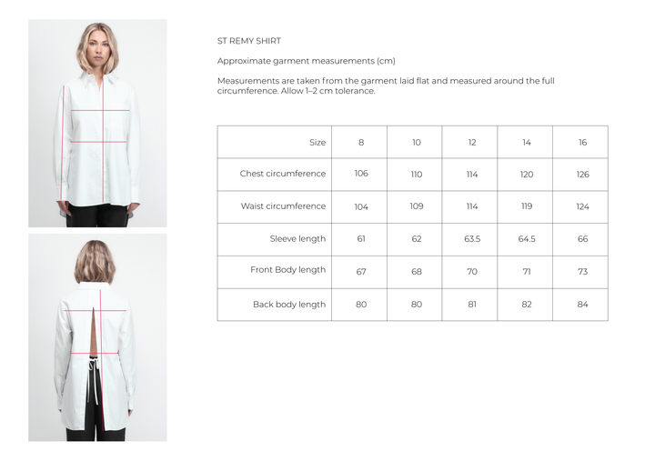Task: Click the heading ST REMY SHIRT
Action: tap(249, 41)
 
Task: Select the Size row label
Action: tap(317, 143)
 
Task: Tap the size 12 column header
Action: tap(472, 143)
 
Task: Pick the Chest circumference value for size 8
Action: tap(361, 174)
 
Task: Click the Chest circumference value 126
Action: tap(583, 175)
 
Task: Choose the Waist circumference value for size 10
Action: tap(417, 206)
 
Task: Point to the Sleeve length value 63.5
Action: tap(472, 239)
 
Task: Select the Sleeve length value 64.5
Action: tap(527, 239)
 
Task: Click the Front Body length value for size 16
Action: tap(583, 272)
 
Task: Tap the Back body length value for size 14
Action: tap(527, 305)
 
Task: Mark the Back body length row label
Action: tap(289, 305)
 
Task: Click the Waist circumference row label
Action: tap(283, 205)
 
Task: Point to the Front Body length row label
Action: tap(287, 270)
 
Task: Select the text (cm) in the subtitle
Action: tap(386, 61)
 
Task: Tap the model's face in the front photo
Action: tap(97, 48)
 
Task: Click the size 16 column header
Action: tap(583, 143)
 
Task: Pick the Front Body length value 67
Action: tap(361, 272)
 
